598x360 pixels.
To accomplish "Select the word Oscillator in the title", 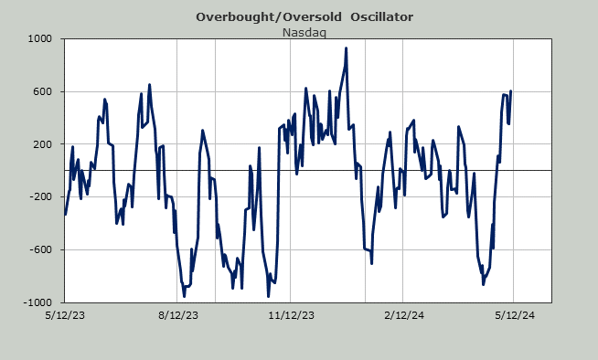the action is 382,17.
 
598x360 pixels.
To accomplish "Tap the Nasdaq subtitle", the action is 304,33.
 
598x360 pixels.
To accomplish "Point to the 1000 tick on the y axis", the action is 39,39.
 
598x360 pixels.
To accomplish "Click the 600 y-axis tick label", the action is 43,91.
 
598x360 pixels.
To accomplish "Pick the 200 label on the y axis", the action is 43,144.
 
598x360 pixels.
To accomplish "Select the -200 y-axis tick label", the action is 41,197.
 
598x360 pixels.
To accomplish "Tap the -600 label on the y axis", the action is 41,249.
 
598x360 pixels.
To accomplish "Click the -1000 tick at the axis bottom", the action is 37,302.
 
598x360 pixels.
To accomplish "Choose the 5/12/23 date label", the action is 65,315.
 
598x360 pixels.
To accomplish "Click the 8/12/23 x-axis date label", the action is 178,315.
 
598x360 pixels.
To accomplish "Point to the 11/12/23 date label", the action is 292,315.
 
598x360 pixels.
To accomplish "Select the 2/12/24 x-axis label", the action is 404,315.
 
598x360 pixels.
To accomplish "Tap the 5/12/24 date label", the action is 515,315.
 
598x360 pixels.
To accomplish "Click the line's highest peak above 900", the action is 346,48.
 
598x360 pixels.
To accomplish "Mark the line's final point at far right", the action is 510,91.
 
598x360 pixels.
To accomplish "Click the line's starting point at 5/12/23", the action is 65,215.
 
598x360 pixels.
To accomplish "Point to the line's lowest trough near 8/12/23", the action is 184,296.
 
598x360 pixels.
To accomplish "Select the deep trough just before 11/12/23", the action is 269,296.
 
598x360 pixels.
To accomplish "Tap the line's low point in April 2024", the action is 483,284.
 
